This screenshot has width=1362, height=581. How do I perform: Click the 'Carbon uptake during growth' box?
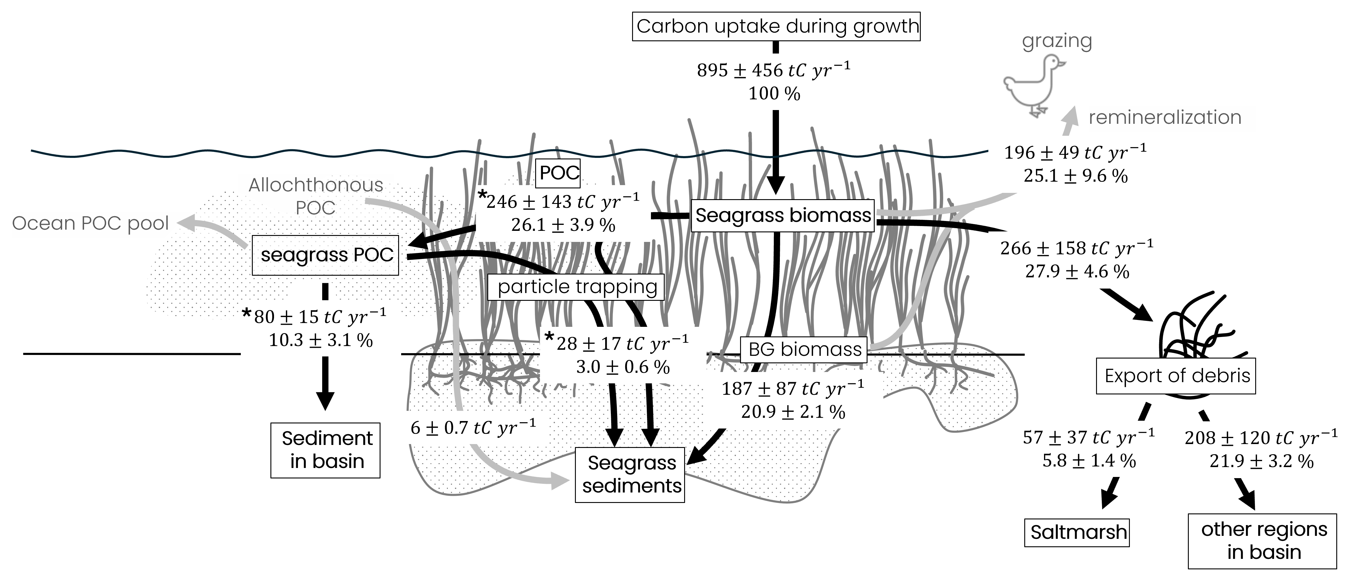(776, 26)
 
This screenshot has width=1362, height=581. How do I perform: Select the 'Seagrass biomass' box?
(783, 215)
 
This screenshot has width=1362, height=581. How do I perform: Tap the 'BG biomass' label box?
(804, 350)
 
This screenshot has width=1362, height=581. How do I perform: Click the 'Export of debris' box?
(1176, 376)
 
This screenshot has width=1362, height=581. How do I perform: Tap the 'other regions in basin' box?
(1263, 541)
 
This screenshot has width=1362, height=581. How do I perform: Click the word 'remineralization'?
(1165, 117)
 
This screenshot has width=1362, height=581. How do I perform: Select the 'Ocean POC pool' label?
(90, 224)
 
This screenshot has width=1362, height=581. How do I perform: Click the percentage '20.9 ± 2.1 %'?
(793, 412)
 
